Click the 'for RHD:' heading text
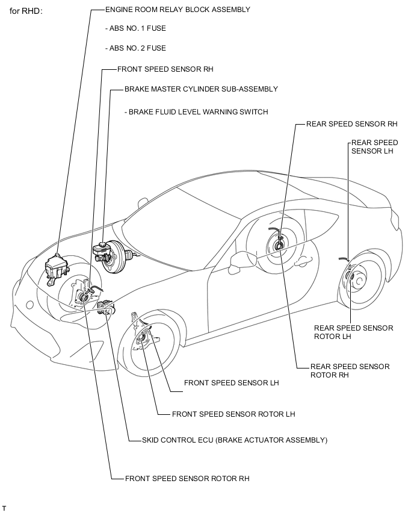click(26, 11)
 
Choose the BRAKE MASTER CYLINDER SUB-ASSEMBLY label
click(201, 89)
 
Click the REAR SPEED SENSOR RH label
click(352, 124)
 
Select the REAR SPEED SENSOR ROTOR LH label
click(353, 332)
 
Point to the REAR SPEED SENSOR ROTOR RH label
click(350, 370)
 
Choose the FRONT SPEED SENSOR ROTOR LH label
click(233, 414)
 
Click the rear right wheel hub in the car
click(279, 244)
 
